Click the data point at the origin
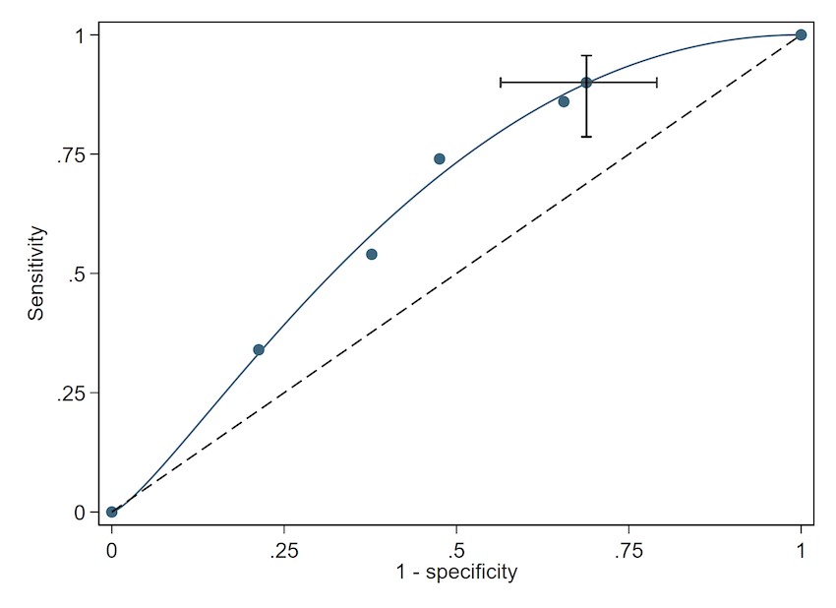point(112,512)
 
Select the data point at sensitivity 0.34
point(259,349)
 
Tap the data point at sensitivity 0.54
point(372,254)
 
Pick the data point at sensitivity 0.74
point(440,158)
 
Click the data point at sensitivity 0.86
point(564,101)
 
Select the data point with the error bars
point(586,83)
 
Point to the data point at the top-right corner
point(801,35)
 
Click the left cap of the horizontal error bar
point(501,83)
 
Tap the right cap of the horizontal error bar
point(656,83)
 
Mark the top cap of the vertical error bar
point(586,56)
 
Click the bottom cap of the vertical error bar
point(586,137)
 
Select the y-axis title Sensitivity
point(36,274)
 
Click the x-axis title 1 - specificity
point(456,573)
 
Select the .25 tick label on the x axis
point(284,548)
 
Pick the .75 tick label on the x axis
point(628,548)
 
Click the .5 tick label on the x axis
point(456,548)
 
